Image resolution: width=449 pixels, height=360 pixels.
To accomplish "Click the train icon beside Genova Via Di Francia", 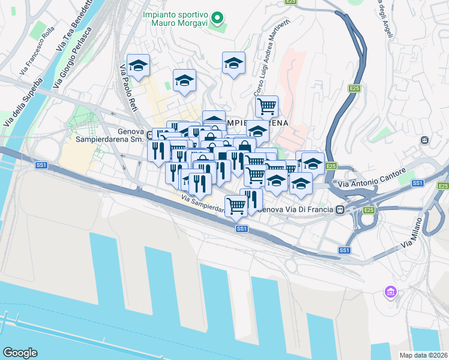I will click(340, 210).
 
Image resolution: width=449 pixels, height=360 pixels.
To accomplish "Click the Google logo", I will click(20, 353).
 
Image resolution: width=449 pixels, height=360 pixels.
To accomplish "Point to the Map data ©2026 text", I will click(423, 355).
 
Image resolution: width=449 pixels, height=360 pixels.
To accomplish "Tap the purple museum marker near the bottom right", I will click(391, 292).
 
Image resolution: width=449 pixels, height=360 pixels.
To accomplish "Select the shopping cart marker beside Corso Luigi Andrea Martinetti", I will click(267, 107).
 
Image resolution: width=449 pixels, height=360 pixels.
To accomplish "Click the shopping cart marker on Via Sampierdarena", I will click(237, 206).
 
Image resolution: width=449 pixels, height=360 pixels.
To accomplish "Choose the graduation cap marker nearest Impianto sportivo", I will click(234, 62).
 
